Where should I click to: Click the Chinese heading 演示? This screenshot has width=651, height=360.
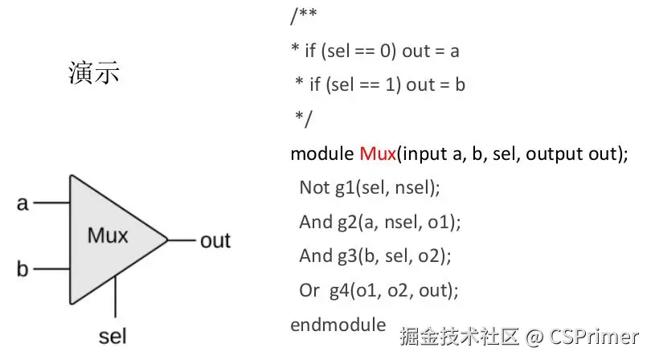pos(93,74)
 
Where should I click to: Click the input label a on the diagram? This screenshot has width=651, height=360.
pos(23,203)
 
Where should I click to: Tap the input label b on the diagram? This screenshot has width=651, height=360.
pos(23,268)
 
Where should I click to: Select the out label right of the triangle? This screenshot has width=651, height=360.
pos(215,240)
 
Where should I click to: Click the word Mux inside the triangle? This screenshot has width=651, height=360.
pos(108,236)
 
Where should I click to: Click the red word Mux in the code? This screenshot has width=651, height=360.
pos(378,153)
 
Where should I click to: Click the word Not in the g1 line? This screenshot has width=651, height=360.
pos(314,187)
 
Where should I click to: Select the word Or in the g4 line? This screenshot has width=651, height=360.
pos(309,290)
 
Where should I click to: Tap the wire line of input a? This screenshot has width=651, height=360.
pos(51,203)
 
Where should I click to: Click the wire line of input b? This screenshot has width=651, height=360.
pos(51,268)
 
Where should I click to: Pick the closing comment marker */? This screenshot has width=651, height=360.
pos(303,119)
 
